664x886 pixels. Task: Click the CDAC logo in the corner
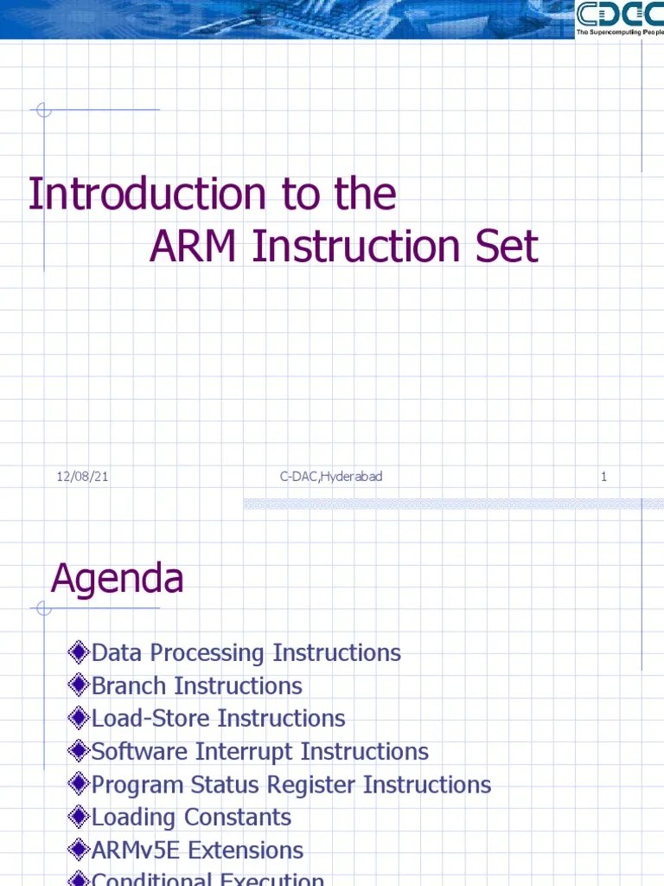[x=619, y=19]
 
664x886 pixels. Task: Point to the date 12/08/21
[x=82, y=477]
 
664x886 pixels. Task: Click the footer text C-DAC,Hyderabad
[x=330, y=477]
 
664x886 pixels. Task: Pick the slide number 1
[x=603, y=477]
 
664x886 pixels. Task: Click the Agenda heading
[x=117, y=578]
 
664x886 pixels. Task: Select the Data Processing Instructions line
[x=246, y=653]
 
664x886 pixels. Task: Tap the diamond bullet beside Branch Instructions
[x=79, y=686]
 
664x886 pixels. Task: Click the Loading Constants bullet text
[x=191, y=818]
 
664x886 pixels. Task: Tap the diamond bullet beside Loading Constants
[x=79, y=817]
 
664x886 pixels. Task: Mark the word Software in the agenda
[x=139, y=752]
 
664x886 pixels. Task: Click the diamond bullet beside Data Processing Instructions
[x=79, y=652]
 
